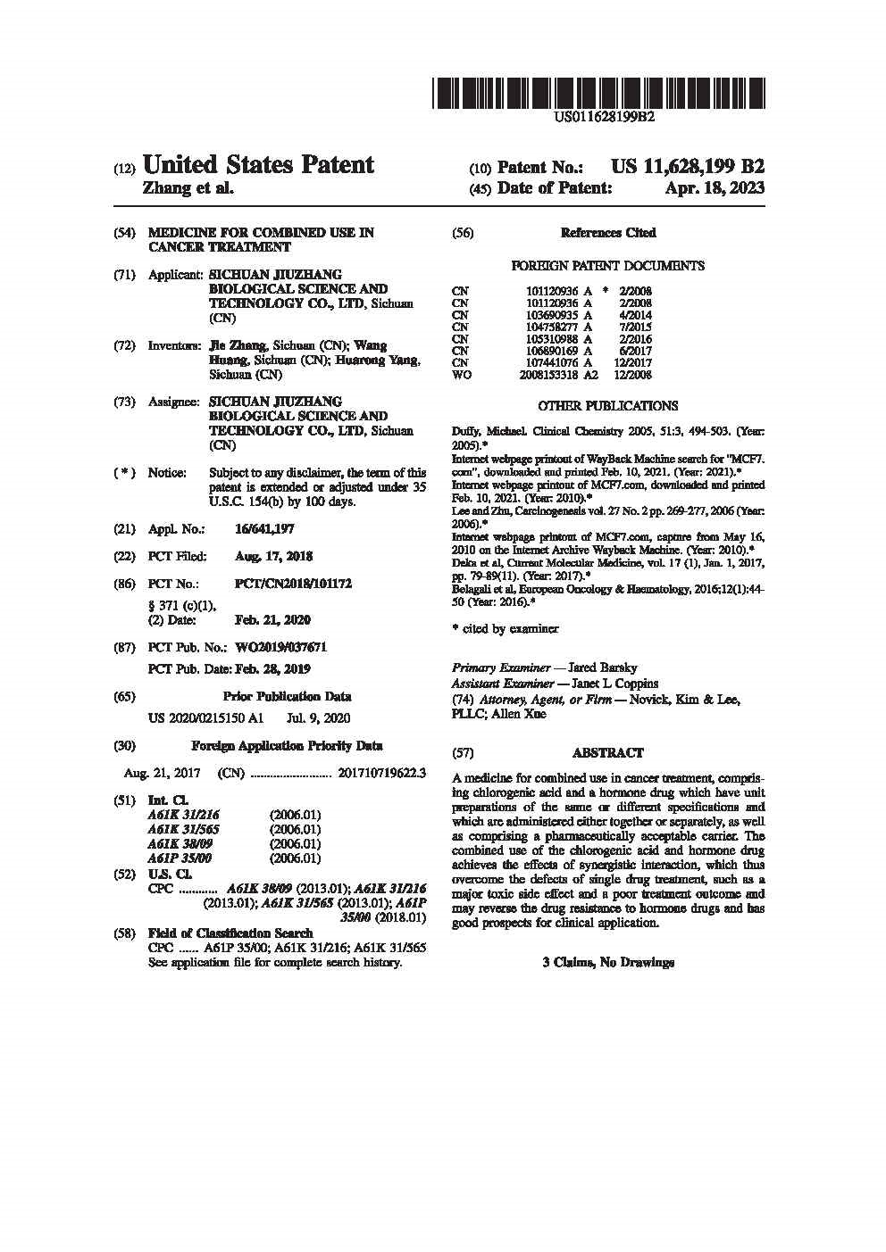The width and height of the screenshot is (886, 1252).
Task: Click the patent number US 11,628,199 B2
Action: pyautogui.click(x=687, y=167)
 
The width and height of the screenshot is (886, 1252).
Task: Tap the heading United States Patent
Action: pyautogui.click(x=258, y=165)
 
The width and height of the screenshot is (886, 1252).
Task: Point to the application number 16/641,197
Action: pyautogui.click(x=264, y=529)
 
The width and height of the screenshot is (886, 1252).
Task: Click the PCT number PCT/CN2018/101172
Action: pyautogui.click(x=293, y=584)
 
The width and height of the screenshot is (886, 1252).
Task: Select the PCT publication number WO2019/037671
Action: pyautogui.click(x=280, y=647)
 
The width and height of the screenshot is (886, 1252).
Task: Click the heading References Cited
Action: pyautogui.click(x=607, y=233)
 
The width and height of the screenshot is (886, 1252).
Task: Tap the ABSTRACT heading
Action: pyautogui.click(x=607, y=753)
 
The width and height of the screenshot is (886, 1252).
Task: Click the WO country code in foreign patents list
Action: pyautogui.click(x=461, y=375)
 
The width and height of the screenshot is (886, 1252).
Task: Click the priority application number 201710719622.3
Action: pyautogui.click(x=382, y=774)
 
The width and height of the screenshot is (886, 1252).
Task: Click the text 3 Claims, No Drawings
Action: pyautogui.click(x=607, y=963)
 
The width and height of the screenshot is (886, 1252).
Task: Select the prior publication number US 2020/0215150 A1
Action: pyautogui.click(x=205, y=718)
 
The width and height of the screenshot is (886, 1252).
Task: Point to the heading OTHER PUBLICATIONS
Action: pyautogui.click(x=607, y=406)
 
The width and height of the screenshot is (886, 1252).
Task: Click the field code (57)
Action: pyautogui.click(x=464, y=753)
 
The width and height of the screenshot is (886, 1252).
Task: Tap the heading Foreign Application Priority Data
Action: pyautogui.click(x=287, y=746)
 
